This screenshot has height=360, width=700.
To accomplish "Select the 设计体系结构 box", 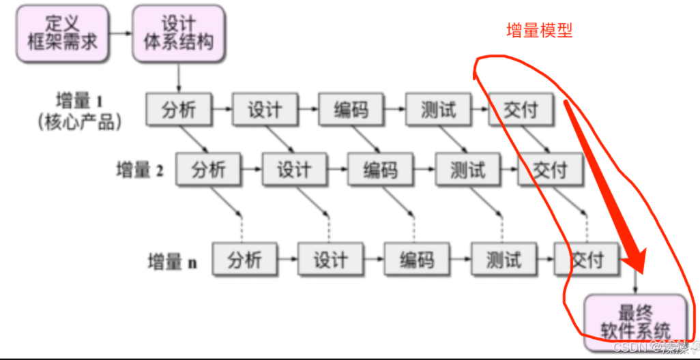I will pos(179,32).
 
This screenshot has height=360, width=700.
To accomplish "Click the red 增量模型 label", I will pos(540,31).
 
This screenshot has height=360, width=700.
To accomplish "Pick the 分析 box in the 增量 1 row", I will pos(179,109).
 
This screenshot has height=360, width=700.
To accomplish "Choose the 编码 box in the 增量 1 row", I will pos(351,109).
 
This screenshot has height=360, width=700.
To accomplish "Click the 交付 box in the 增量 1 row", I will pos(521,109).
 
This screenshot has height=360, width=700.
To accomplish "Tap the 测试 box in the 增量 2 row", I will pos(467,169).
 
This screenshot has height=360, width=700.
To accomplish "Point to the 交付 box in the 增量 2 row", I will pos(550,169).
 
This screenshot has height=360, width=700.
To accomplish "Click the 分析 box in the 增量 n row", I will pos(244,260).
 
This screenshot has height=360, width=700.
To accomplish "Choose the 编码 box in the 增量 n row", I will pos(417,260).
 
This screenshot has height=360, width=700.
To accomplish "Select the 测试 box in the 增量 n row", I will pos(504,260).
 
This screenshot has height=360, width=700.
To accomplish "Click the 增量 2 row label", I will pos(140,169).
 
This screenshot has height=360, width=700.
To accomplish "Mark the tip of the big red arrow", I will pos(640,269).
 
